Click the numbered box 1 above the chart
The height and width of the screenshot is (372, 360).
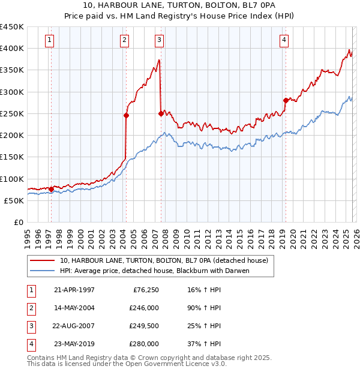pyautogui.click(x=49, y=40)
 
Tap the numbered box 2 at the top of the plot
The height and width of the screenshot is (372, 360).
pyautogui.click(x=124, y=40)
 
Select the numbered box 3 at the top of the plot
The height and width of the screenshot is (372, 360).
pyautogui.click(x=159, y=40)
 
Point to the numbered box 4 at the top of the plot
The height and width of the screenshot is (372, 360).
pyautogui.click(x=283, y=40)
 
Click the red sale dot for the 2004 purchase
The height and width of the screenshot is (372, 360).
pyautogui.click(x=127, y=115)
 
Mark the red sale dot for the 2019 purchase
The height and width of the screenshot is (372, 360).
pyautogui.click(x=286, y=100)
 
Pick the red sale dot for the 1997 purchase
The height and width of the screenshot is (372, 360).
pyautogui.click(x=51, y=189)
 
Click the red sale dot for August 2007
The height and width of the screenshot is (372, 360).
pyautogui.click(x=161, y=113)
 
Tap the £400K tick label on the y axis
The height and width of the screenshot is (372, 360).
pyautogui.click(x=12, y=49)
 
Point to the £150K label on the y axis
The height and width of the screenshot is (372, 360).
pyautogui.click(x=12, y=157)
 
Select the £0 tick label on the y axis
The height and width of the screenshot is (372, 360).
pyautogui.click(x=18, y=223)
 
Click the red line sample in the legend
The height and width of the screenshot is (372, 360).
pyautogui.click(x=41, y=261)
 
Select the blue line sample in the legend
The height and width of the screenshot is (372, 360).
pyautogui.click(x=41, y=271)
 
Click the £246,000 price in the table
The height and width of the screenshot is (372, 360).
pyautogui.click(x=144, y=308)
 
